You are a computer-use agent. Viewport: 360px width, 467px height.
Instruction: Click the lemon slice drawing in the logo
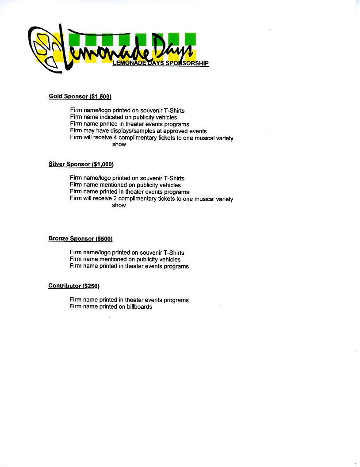pos(45,49)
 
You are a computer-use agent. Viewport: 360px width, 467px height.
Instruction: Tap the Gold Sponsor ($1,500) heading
pos(80,96)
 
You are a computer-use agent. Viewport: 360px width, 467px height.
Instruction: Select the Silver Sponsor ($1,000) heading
pos(81,164)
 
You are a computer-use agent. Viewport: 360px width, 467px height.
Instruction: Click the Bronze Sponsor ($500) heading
pos(80,239)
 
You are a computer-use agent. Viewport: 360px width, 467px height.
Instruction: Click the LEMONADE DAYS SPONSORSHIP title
pos(161,63)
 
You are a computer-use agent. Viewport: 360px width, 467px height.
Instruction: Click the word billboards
pos(139,306)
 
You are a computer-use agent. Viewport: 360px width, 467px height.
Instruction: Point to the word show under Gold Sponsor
pos(119,145)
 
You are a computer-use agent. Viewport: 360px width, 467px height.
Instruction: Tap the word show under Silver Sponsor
pos(119,205)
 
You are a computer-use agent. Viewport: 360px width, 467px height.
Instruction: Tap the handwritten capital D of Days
pos(161,46)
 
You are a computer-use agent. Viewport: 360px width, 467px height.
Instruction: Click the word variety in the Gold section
pos(224,138)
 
